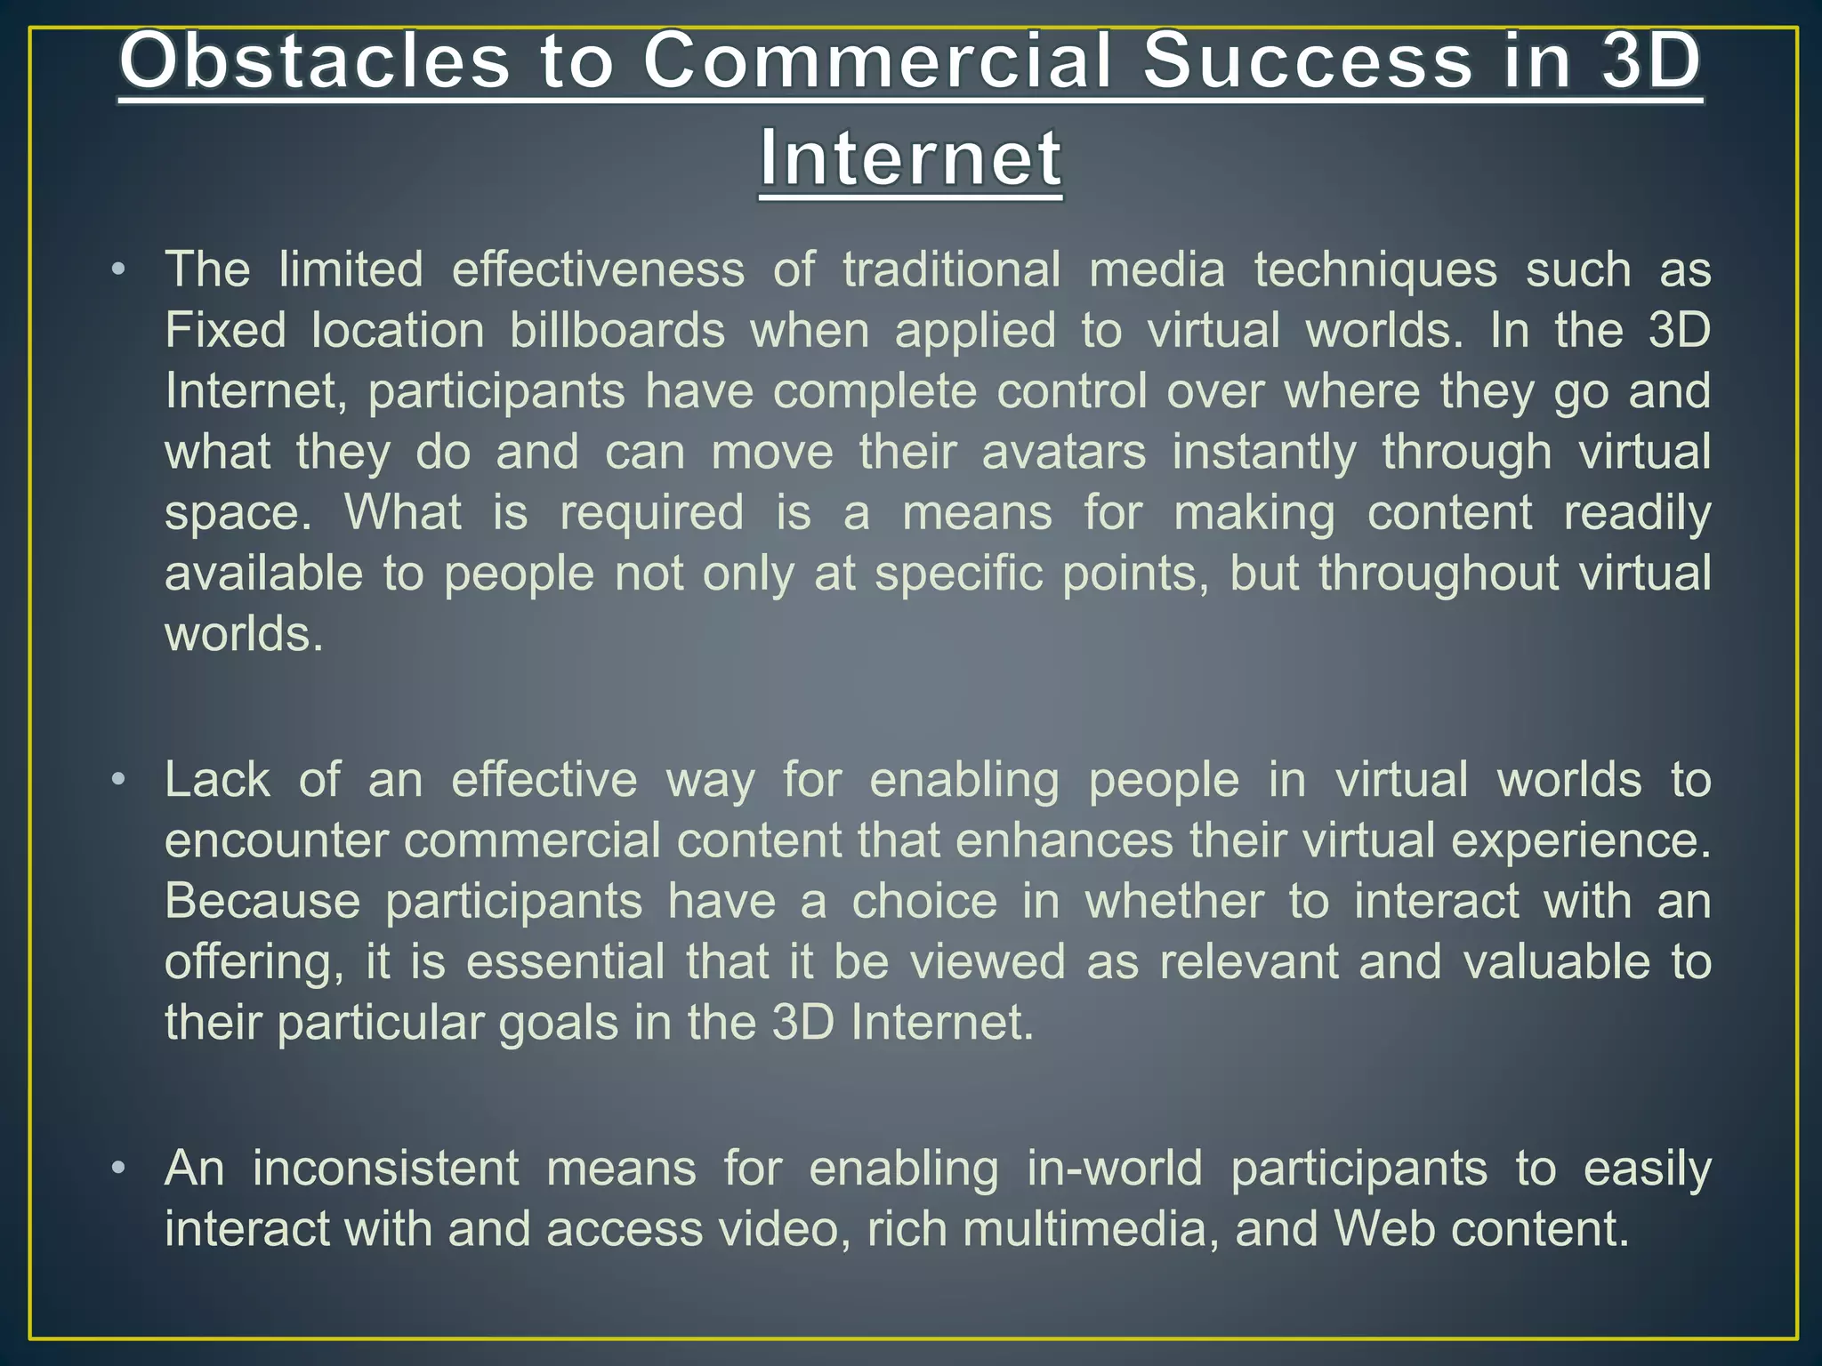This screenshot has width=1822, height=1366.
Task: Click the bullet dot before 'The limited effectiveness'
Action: click(x=118, y=269)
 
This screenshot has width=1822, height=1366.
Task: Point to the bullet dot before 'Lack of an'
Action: click(x=118, y=780)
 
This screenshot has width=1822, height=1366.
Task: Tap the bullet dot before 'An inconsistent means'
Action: click(x=118, y=1168)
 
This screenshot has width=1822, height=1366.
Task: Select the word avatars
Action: click(x=1064, y=452)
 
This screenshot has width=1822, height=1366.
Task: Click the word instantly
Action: click(x=1264, y=452)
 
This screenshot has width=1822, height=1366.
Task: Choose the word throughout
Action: click(x=1439, y=574)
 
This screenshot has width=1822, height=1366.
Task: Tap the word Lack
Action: click(x=217, y=780)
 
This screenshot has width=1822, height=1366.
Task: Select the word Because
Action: click(x=262, y=902)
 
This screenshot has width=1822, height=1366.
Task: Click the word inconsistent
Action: click(x=385, y=1168)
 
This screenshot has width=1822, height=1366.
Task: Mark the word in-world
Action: click(x=1115, y=1168)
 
